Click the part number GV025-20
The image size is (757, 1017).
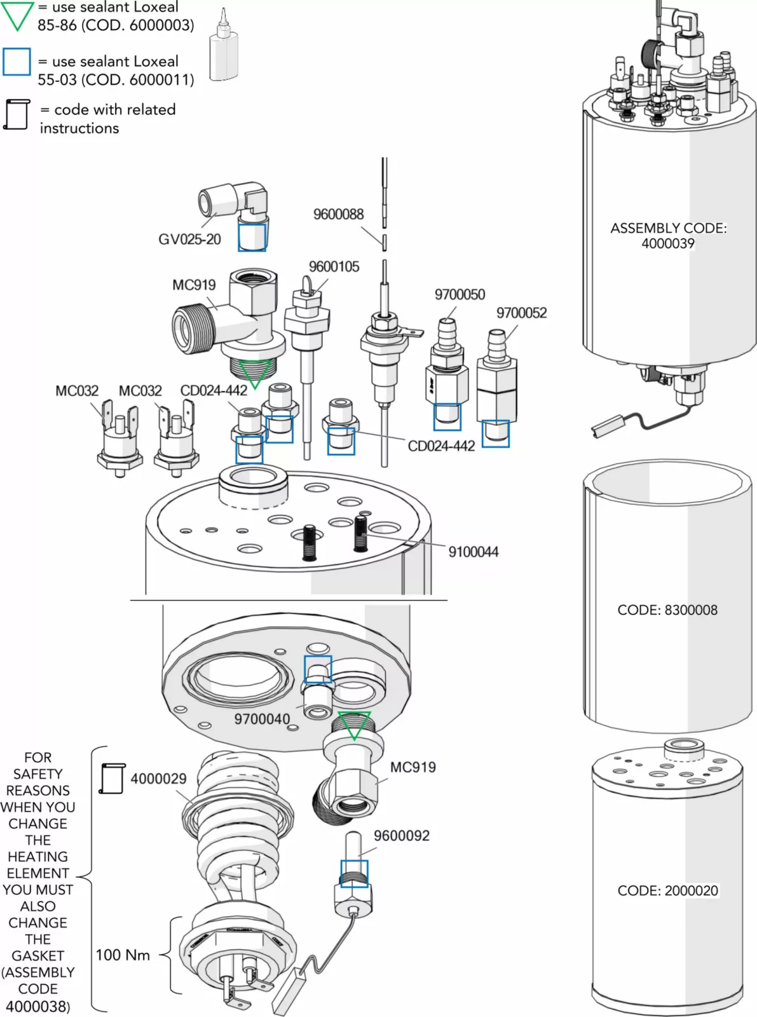click(189, 240)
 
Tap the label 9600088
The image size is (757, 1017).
click(338, 214)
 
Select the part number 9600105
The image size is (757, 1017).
click(334, 267)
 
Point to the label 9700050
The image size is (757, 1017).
click(460, 295)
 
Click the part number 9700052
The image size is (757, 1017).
click(521, 313)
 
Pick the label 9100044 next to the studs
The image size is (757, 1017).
click(473, 552)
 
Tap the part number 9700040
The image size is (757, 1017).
click(262, 720)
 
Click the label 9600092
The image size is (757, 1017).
click(401, 836)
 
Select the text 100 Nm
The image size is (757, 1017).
click(123, 955)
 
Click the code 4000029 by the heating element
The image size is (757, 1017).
click(158, 779)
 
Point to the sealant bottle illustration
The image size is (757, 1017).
click(223, 48)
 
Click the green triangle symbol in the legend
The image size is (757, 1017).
click(17, 16)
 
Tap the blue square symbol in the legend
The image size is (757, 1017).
click(17, 62)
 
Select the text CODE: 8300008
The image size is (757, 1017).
click(667, 610)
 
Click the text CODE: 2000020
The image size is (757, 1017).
click(667, 891)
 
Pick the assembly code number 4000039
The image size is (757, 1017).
click(667, 243)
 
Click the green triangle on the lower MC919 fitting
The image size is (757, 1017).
click(353, 725)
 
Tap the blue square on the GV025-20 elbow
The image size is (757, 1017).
click(252, 237)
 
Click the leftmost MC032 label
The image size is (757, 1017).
click(77, 391)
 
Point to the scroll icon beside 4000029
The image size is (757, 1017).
click(113, 779)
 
